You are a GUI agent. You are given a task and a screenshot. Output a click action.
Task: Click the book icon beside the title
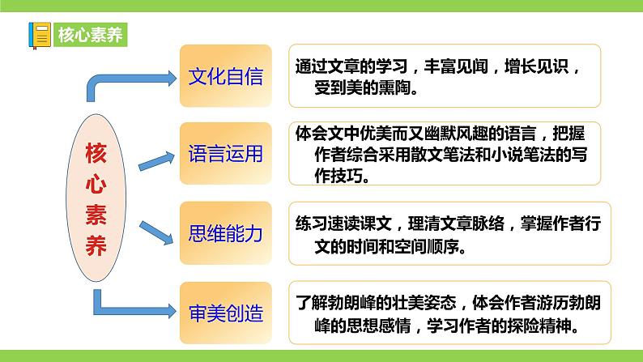pos(39,34)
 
